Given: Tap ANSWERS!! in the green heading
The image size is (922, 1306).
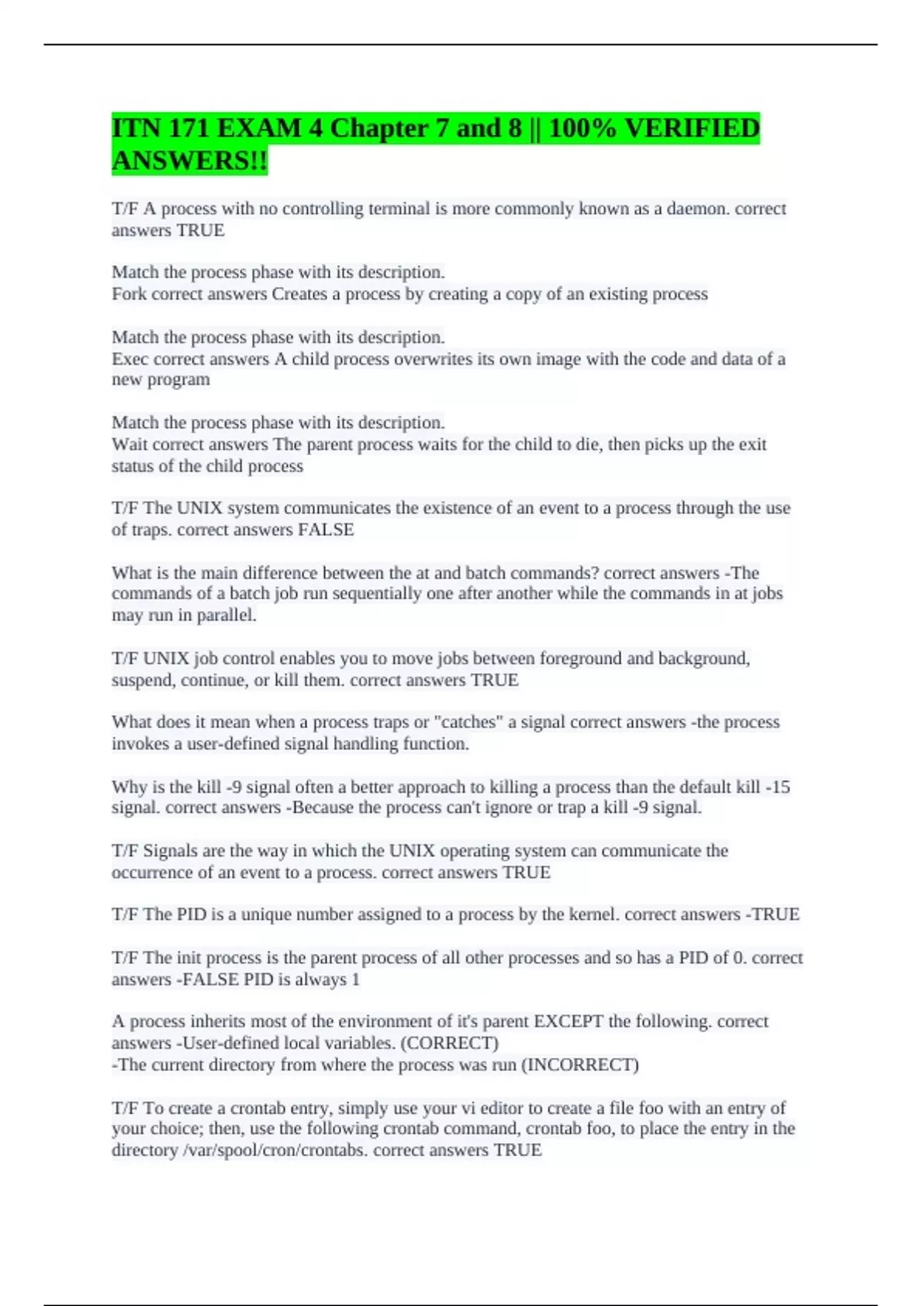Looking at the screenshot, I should tap(190, 161).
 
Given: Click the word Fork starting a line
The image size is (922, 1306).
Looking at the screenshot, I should tap(128, 294).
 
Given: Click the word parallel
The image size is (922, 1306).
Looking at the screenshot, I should tap(227, 615).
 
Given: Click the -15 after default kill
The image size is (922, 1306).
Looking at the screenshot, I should tap(778, 787).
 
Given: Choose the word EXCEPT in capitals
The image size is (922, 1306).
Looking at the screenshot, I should tap(568, 1022).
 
